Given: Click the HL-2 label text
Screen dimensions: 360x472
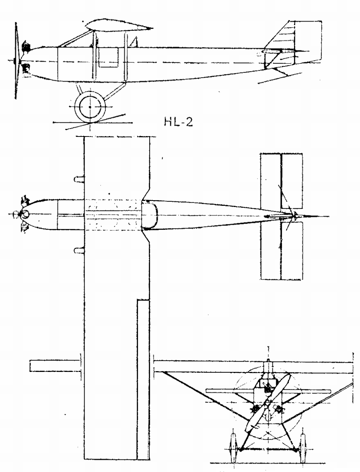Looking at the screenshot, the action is click(178, 122).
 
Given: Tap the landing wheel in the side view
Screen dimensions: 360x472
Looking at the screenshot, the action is click(90, 107).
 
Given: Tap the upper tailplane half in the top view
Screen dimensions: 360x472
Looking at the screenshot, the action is click(282, 181).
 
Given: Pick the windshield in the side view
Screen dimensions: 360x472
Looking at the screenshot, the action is click(135, 42).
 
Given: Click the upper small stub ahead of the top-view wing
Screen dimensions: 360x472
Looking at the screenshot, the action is click(79, 179).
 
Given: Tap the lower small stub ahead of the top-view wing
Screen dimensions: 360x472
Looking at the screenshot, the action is click(79, 251).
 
